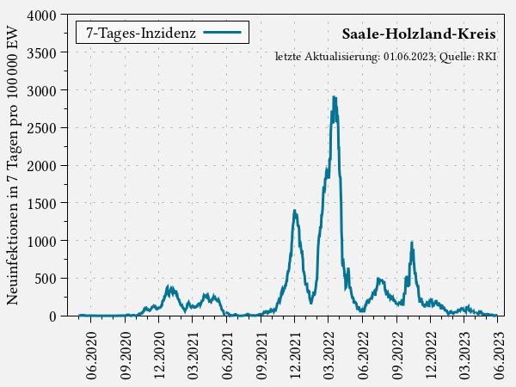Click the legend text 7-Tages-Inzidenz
[140, 33]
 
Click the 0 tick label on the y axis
[52, 316]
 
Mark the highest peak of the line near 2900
[334, 97]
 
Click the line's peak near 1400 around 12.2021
[294, 211]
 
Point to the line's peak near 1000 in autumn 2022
[412, 243]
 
